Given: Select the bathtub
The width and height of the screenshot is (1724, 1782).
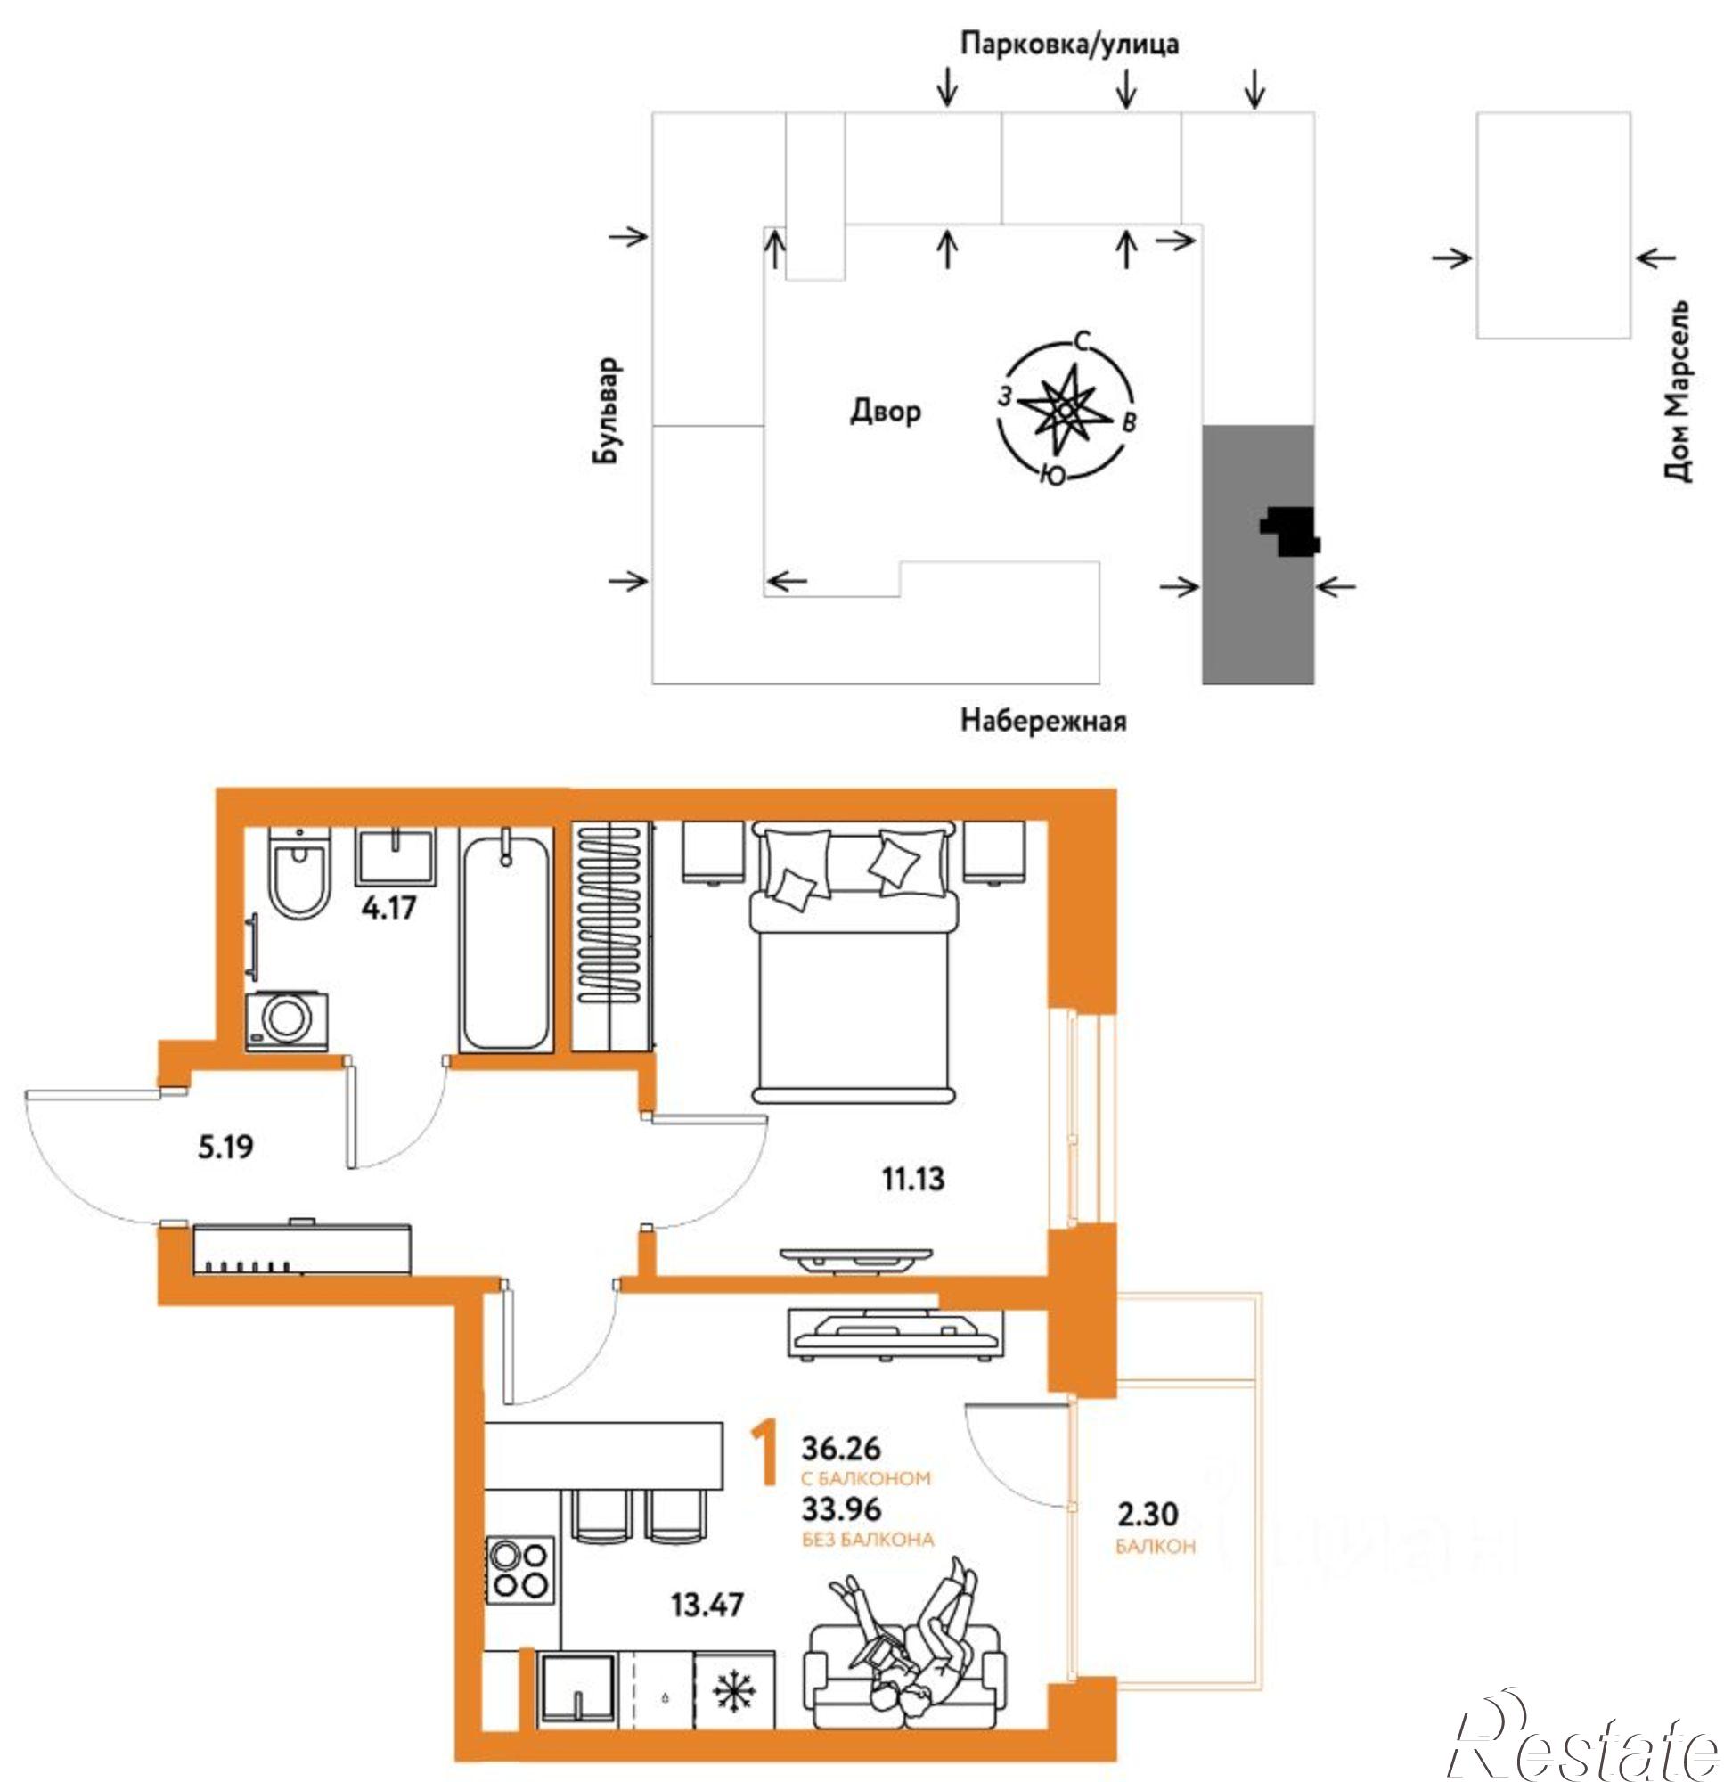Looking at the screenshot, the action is pos(505,941).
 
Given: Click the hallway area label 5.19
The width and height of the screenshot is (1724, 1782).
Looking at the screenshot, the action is pos(225,1147).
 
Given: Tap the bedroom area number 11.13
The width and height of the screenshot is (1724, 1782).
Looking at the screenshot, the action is pos(913,1179).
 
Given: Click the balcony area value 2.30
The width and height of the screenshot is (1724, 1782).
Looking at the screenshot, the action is pos(1148,1514).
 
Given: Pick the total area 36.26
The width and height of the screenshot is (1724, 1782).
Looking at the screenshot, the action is pos(841,1446).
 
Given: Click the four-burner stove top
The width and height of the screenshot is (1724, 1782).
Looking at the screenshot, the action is pos(520,1570).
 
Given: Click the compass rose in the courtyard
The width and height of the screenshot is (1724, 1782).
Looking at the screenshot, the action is pos(1066,410).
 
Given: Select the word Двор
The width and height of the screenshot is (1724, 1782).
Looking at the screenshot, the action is pos(886,411).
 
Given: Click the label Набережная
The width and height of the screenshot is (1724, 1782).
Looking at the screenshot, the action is pos(1044,722).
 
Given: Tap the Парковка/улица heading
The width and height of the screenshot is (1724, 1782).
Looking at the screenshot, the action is pos(1070,44).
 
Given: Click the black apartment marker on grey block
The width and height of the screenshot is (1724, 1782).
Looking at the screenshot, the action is pos(1289,531).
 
